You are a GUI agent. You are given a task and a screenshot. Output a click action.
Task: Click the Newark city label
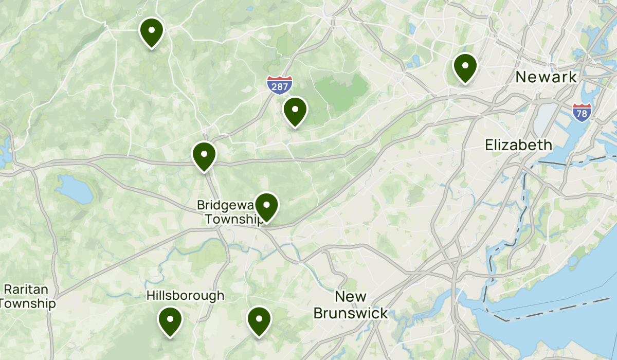547,77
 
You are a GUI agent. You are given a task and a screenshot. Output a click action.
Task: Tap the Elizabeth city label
518,145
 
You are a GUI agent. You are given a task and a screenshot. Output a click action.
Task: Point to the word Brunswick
351,313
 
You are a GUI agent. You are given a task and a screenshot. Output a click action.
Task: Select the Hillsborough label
185,295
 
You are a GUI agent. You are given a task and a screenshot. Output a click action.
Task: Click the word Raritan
25,289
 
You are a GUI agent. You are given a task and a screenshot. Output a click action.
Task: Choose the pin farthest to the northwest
151,32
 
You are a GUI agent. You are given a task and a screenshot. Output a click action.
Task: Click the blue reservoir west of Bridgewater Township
75,189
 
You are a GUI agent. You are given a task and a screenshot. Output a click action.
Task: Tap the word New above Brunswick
351,297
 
